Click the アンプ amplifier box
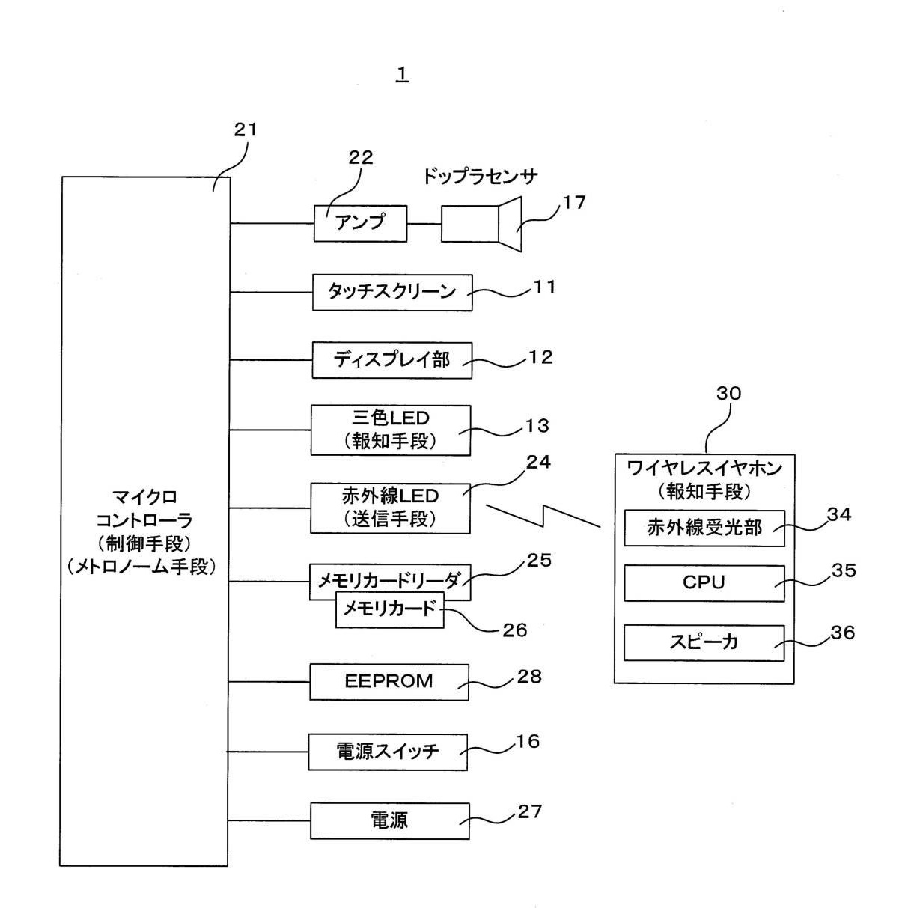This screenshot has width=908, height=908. coord(360,223)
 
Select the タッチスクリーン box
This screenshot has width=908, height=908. coord(392,292)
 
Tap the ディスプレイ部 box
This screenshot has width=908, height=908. coord(391,360)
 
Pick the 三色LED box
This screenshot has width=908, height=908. coord(391,430)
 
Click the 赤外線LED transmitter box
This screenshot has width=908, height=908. coord(390,508)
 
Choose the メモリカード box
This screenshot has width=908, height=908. coord(389,610)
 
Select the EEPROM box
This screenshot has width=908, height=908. coord(389,682)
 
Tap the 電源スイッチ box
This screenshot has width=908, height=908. coord(388,752)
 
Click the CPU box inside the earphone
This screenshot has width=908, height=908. coord(704,583)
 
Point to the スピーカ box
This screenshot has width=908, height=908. coord(704,642)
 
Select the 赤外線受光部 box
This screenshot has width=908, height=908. coord(704,528)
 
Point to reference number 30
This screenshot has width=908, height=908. coord(728,394)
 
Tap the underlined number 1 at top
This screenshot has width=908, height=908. coord(403,74)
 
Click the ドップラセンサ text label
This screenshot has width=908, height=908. coord(480,177)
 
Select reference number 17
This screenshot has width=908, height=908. coord(574,202)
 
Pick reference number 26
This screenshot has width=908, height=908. coord(514,630)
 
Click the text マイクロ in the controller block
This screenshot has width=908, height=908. coord(144,496)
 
